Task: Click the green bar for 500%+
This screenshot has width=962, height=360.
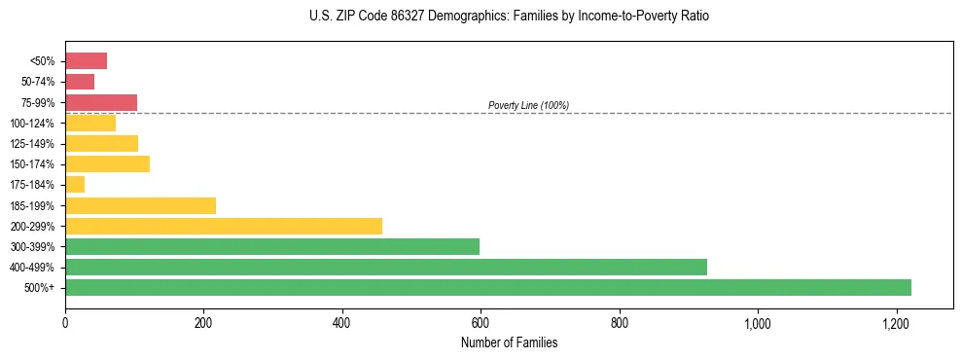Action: (487, 287)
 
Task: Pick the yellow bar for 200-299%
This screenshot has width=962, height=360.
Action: (223, 226)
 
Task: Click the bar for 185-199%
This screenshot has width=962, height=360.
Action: (140, 205)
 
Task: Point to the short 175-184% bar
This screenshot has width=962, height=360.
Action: (75, 185)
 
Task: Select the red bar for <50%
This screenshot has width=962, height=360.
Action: (86, 61)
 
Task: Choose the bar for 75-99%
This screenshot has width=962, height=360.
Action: (100, 102)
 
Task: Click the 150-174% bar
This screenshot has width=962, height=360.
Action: (107, 163)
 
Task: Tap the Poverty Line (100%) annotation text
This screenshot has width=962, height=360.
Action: (528, 105)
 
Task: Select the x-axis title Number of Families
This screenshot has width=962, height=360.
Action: (509, 342)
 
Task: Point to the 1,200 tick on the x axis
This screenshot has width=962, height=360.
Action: (896, 323)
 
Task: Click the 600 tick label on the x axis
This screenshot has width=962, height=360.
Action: (481, 323)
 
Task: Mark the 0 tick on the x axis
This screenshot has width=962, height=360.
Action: (65, 323)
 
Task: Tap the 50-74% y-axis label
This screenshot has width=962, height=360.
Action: (38, 82)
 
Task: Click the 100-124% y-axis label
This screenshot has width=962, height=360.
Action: (33, 124)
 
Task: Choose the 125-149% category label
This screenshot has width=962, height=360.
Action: (33, 144)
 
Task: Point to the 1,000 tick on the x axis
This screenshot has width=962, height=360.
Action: (757, 323)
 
